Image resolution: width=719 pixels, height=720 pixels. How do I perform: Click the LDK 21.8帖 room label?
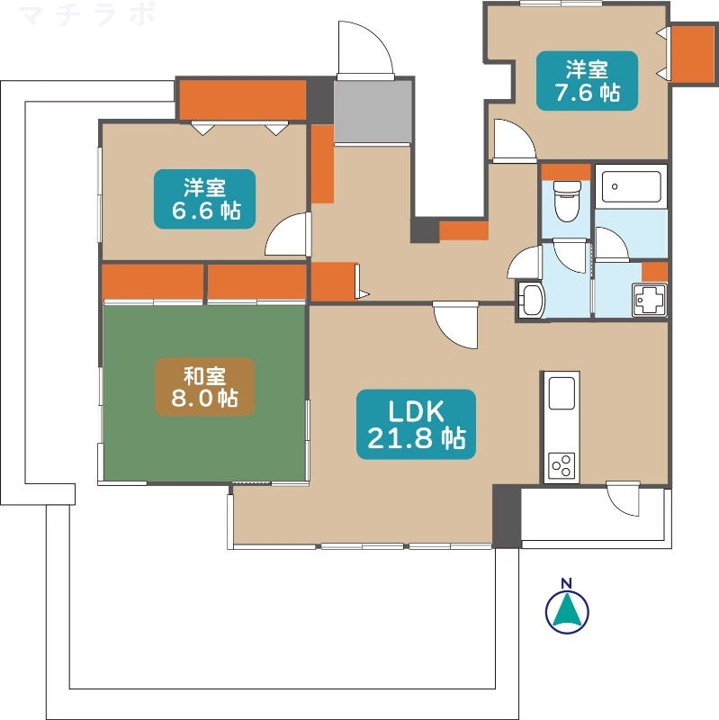pyautogui.click(x=416, y=424)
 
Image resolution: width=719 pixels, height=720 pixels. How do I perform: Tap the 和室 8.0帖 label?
pyautogui.click(x=205, y=387)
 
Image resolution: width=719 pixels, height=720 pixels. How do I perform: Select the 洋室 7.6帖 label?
pyautogui.click(x=588, y=80)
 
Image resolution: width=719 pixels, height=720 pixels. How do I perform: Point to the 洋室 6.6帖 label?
pyautogui.click(x=205, y=199)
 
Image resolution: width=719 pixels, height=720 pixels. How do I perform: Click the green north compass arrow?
pyautogui.click(x=567, y=611)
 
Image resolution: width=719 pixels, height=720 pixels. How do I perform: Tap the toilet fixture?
pyautogui.click(x=567, y=201)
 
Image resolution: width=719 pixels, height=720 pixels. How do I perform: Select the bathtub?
pyautogui.click(x=632, y=186)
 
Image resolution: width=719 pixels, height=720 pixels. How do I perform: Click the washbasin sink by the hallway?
pyautogui.click(x=532, y=301)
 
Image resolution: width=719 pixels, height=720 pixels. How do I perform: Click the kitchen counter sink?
pyautogui.click(x=562, y=392)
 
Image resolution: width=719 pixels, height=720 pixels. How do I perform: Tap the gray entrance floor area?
pyautogui.click(x=373, y=112)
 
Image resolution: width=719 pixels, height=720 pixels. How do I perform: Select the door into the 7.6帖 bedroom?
pyautogui.click(x=514, y=139)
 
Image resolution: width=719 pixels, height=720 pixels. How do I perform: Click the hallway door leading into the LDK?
pyautogui.click(x=455, y=324)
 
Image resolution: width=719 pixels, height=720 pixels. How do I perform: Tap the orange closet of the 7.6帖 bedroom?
pyautogui.click(x=693, y=54)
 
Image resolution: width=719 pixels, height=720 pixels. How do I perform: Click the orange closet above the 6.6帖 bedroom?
pyautogui.click(x=242, y=100)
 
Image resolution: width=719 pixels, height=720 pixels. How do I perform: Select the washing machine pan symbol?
pyautogui.click(x=650, y=300)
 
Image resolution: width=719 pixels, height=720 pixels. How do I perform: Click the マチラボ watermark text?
pyautogui.click(x=88, y=13)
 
